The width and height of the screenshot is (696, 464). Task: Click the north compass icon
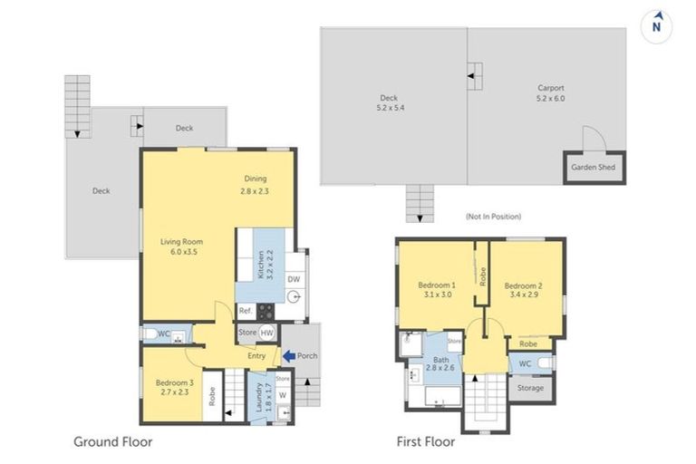pos(656,26)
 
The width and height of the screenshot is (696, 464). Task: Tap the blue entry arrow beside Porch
pos(289,355)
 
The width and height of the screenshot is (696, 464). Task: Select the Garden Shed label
pos(593,167)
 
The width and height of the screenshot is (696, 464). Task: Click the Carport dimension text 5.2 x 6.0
pos(550,98)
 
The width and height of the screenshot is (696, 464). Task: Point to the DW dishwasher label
pos(294,279)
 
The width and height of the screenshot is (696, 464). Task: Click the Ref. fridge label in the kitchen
pos(246,311)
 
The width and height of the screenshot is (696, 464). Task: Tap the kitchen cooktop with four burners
pos(266,310)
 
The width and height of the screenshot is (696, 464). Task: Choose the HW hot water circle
pos(266,333)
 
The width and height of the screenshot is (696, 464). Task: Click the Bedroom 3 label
pos(174,382)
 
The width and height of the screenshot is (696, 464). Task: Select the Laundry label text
pos(260,397)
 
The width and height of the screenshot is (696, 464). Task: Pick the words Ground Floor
pos(112,442)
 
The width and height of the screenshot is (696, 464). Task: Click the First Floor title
pos(426,442)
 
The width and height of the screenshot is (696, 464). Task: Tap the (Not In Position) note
pos(493,217)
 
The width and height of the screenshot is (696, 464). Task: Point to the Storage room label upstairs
pos(530,388)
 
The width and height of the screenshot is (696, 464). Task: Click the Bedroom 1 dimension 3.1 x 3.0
pos(438,294)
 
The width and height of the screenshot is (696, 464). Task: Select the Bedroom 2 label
pos(523,285)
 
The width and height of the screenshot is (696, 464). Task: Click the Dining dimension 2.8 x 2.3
pos(255,191)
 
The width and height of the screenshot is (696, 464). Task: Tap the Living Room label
pos(181,242)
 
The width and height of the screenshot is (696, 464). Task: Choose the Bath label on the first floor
pos(440,360)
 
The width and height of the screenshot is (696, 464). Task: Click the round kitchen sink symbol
pos(294,297)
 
